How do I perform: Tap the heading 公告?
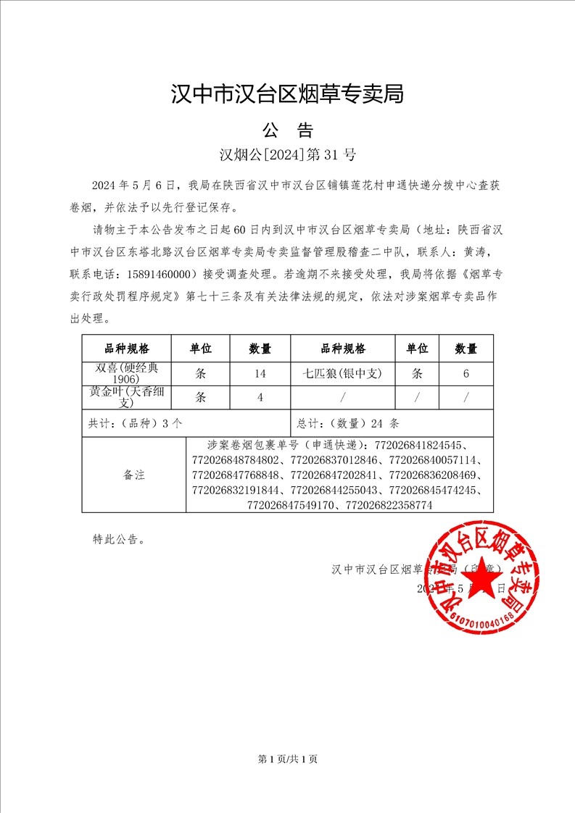click(287, 130)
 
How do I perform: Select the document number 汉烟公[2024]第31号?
click(287, 154)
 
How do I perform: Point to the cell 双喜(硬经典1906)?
click(126, 373)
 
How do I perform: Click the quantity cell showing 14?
click(260, 374)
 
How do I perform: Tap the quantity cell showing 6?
click(466, 374)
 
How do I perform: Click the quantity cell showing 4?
click(260, 398)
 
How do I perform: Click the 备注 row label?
click(134, 475)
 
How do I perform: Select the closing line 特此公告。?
click(119, 539)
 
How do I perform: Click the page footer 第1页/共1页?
click(287, 759)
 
